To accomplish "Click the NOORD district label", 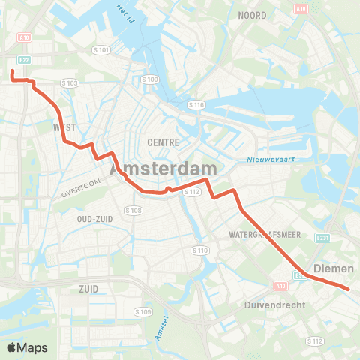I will click(253, 15).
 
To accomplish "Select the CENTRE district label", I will click(162, 142).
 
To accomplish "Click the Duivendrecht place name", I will click(272, 305).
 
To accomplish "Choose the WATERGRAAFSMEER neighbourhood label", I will click(265, 235).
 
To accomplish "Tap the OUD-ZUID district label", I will click(94, 218).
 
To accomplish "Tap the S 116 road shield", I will click(197, 103).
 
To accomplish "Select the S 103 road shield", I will click(70, 82).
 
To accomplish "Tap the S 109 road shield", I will click(142, 311).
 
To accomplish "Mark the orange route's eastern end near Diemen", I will click(348, 287).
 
